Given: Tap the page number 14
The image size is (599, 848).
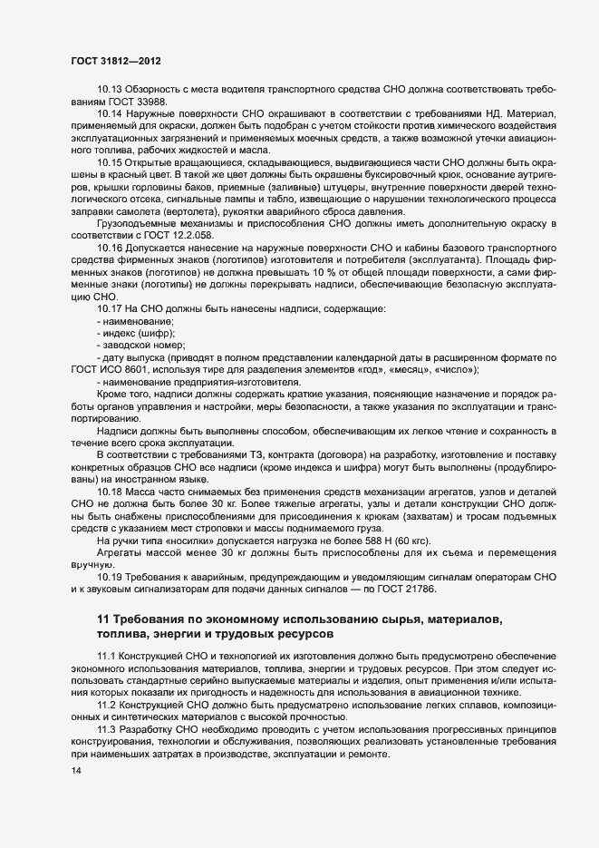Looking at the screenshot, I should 75,771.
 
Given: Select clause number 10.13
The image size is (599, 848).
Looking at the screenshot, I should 109,88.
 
